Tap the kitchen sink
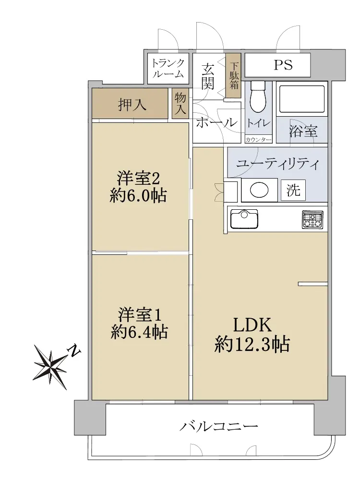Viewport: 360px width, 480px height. (x=244, y=219)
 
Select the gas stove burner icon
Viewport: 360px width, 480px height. (x=312, y=219)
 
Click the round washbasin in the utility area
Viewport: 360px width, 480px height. (x=259, y=190)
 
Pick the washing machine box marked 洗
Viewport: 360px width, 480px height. (x=293, y=190)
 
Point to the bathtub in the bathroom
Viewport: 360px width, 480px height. (x=302, y=99)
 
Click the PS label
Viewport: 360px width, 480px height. (x=283, y=65)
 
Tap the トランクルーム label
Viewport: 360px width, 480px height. (x=168, y=68)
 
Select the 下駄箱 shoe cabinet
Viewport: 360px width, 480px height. (x=234, y=76)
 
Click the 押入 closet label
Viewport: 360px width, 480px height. (x=132, y=105)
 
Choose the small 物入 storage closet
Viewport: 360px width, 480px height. (x=180, y=104)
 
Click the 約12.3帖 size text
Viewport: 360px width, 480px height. (x=252, y=344)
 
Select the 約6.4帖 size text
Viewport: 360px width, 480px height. (x=139, y=331)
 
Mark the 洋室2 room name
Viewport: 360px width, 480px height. (x=138, y=178)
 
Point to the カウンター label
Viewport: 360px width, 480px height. (x=258, y=140)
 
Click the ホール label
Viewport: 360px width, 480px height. (x=216, y=122)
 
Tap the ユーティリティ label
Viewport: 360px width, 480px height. (x=277, y=164)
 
